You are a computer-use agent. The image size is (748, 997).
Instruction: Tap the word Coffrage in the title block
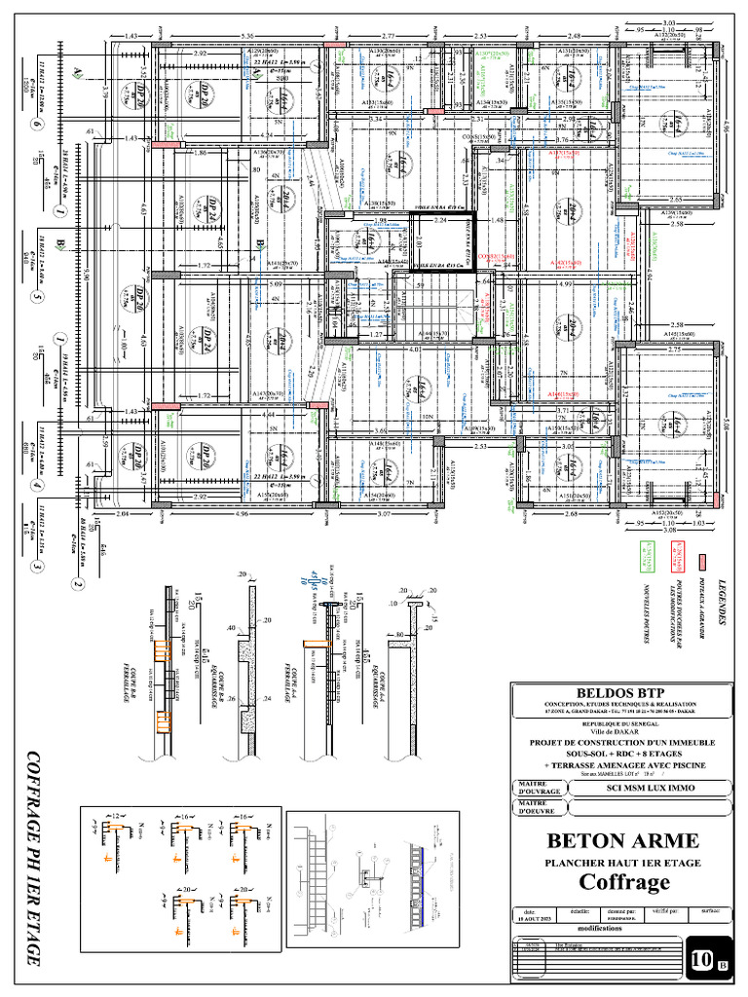click(x=624, y=882)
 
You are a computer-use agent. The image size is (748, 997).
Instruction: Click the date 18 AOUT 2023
click(x=536, y=918)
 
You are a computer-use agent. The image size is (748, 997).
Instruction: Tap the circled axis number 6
click(x=37, y=124)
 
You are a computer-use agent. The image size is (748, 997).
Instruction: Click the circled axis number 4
click(x=37, y=484)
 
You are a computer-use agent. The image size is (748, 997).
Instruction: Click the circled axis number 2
click(x=74, y=584)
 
